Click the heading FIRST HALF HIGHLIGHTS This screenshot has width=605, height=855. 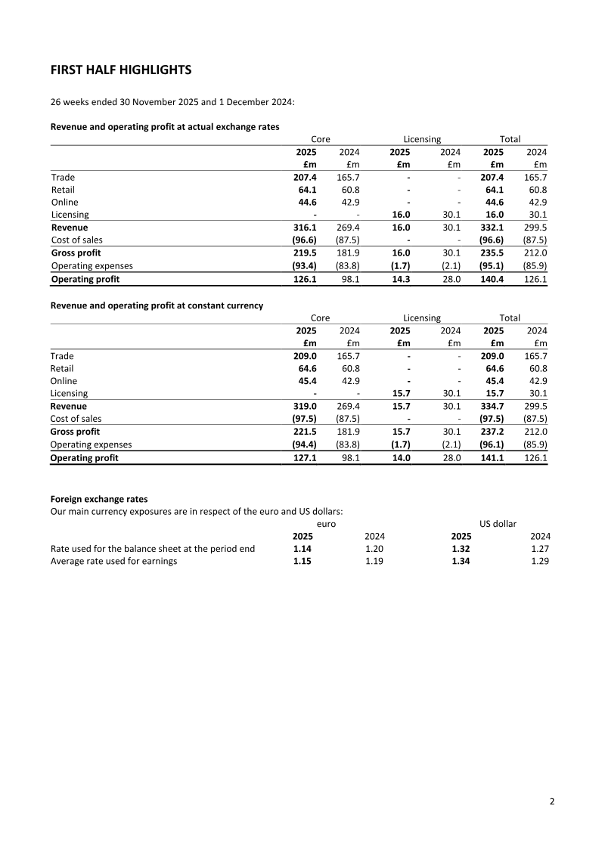click(x=120, y=70)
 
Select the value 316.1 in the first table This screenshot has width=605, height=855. click(x=305, y=228)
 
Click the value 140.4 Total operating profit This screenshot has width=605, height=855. click(x=492, y=279)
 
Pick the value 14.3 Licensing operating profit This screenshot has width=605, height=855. click(x=400, y=279)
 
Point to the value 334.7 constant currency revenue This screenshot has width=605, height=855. click(x=492, y=405)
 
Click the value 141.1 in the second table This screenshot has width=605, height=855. click(x=492, y=457)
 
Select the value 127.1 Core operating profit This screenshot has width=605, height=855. click(x=305, y=457)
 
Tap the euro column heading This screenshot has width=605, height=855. click(x=326, y=523)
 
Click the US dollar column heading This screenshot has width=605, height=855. click(x=498, y=523)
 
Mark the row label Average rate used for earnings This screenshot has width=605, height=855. click(x=113, y=562)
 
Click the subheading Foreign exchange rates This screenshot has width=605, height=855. click(x=99, y=499)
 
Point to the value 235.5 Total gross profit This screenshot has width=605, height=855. click(x=492, y=253)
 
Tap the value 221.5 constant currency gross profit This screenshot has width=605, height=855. click(x=305, y=431)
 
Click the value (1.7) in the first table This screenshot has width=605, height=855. click(x=399, y=266)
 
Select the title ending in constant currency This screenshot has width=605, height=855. click(x=157, y=305)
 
